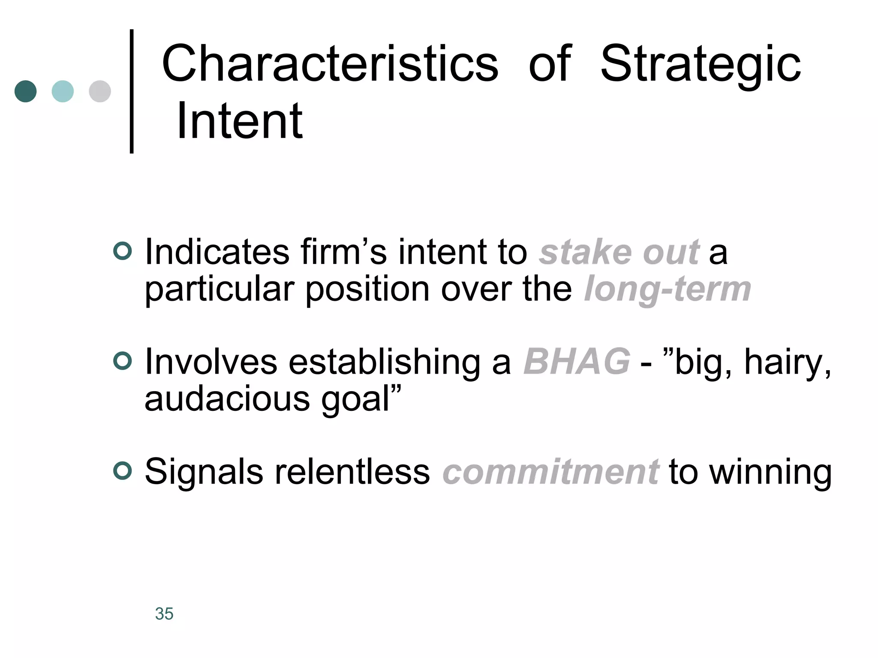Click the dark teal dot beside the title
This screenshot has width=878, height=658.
(x=25, y=91)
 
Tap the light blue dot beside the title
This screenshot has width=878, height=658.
(x=63, y=91)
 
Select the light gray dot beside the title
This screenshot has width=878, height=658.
(x=100, y=91)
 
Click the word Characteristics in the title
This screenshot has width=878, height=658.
(x=330, y=64)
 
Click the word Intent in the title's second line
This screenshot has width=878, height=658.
(x=239, y=122)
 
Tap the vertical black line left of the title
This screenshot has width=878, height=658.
(x=132, y=91)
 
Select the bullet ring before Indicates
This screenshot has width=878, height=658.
(x=123, y=251)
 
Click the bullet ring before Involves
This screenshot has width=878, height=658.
(x=123, y=361)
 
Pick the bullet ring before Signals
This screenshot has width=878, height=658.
(x=123, y=471)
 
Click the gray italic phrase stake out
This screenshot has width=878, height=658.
(x=619, y=252)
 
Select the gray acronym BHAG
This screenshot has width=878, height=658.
(x=577, y=362)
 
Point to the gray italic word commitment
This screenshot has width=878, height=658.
(x=550, y=472)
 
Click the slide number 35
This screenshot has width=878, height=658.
(x=164, y=613)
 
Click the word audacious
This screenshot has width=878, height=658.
(x=227, y=399)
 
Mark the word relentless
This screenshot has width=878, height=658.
(x=352, y=472)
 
